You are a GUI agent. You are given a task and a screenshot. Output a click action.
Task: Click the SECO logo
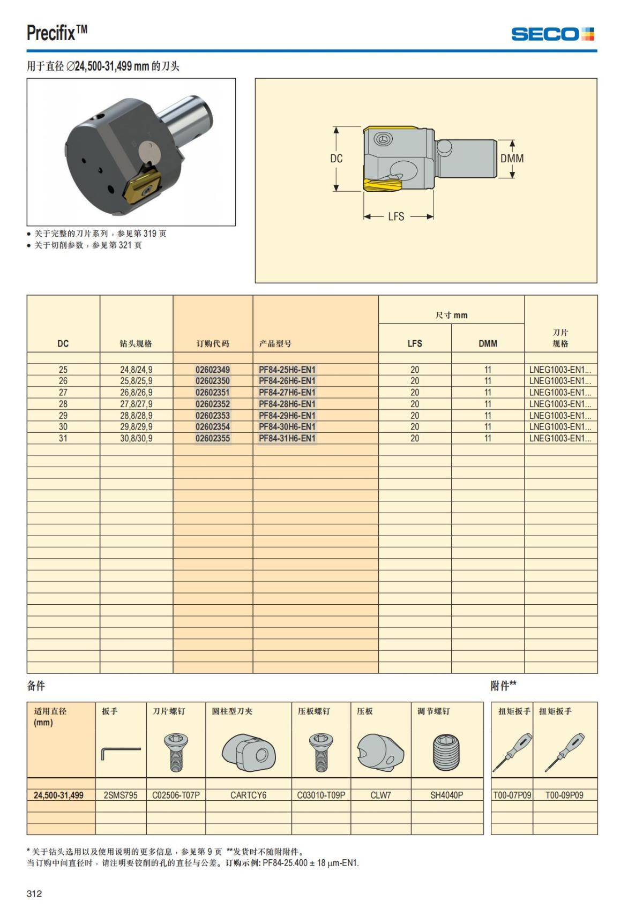[x=552, y=34]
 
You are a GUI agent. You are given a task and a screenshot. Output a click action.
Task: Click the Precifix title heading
[x=57, y=33]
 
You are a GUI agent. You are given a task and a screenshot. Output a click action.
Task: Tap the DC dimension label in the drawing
[x=336, y=158]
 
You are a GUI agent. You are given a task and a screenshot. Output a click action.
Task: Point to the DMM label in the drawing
[x=512, y=158]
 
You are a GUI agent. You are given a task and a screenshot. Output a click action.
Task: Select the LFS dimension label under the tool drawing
[x=396, y=216]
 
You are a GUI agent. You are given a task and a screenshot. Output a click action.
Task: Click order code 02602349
[x=213, y=370]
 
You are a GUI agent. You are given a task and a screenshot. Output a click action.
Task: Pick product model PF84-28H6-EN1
[x=287, y=404]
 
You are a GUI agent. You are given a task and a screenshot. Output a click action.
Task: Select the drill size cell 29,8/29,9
[x=137, y=426]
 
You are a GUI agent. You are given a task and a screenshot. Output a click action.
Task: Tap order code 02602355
[x=213, y=438]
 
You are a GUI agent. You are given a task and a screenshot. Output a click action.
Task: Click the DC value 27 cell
[x=63, y=393]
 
